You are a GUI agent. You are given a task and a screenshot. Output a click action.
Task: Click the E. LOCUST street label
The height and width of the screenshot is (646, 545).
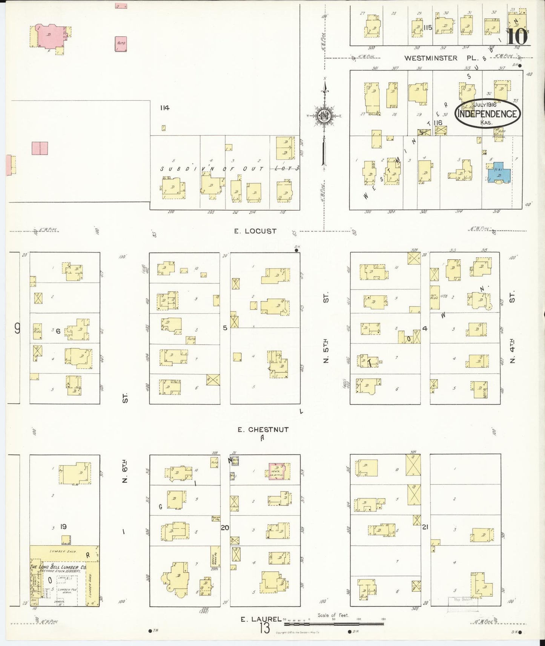[x=255, y=231]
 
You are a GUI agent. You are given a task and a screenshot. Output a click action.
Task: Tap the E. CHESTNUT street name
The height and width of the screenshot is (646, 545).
[x=263, y=429]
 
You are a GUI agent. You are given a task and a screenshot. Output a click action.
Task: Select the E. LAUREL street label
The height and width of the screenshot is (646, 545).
[x=261, y=619]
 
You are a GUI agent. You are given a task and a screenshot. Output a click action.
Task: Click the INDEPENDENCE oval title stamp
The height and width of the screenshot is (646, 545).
[x=487, y=113]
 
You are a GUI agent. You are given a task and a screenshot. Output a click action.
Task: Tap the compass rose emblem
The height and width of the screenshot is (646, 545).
[x=324, y=116]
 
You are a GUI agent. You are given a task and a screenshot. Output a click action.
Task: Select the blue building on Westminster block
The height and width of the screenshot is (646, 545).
[x=499, y=173]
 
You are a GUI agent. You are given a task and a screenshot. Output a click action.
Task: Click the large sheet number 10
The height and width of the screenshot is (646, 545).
[x=517, y=37]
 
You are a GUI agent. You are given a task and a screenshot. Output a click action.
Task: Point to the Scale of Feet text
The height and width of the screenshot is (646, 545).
[x=333, y=615]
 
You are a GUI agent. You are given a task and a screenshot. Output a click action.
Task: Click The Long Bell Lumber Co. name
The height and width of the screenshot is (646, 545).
[x=58, y=567]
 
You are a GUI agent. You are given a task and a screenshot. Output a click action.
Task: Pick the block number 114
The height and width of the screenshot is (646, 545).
[x=164, y=108]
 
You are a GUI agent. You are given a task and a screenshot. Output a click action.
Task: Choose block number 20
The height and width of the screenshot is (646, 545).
[x=225, y=527]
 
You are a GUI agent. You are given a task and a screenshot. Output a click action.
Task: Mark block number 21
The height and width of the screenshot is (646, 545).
[x=425, y=527]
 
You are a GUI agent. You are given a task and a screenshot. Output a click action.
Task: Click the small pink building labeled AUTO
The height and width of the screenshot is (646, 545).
[x=121, y=44]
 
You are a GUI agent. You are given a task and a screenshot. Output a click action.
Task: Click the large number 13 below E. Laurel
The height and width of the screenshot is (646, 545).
[x=264, y=628]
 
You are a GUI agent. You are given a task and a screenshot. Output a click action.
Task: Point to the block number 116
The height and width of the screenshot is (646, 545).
[x=438, y=123]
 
